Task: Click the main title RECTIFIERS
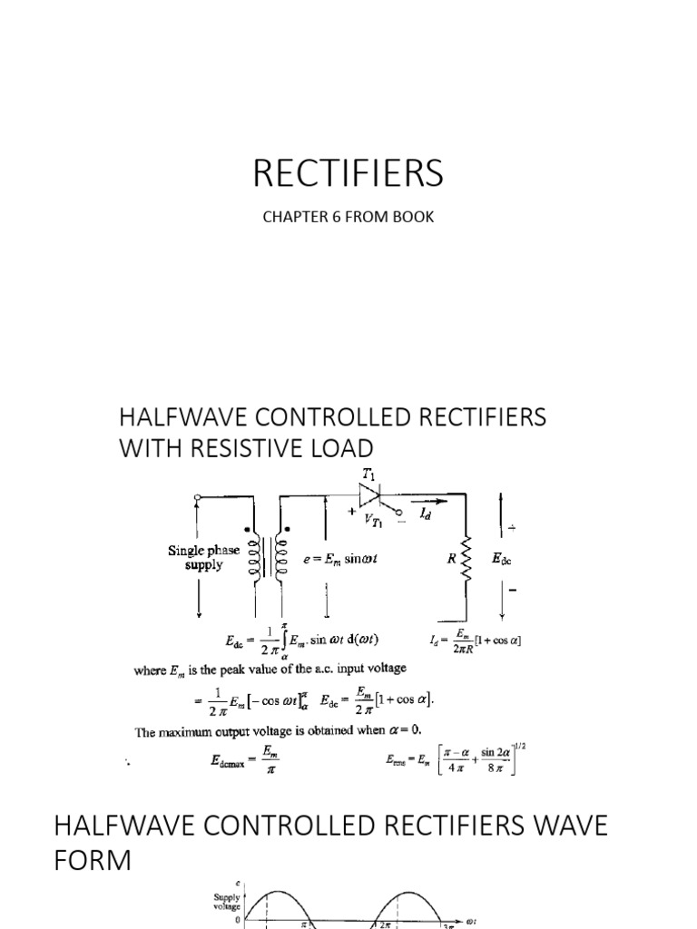pos(348,172)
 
